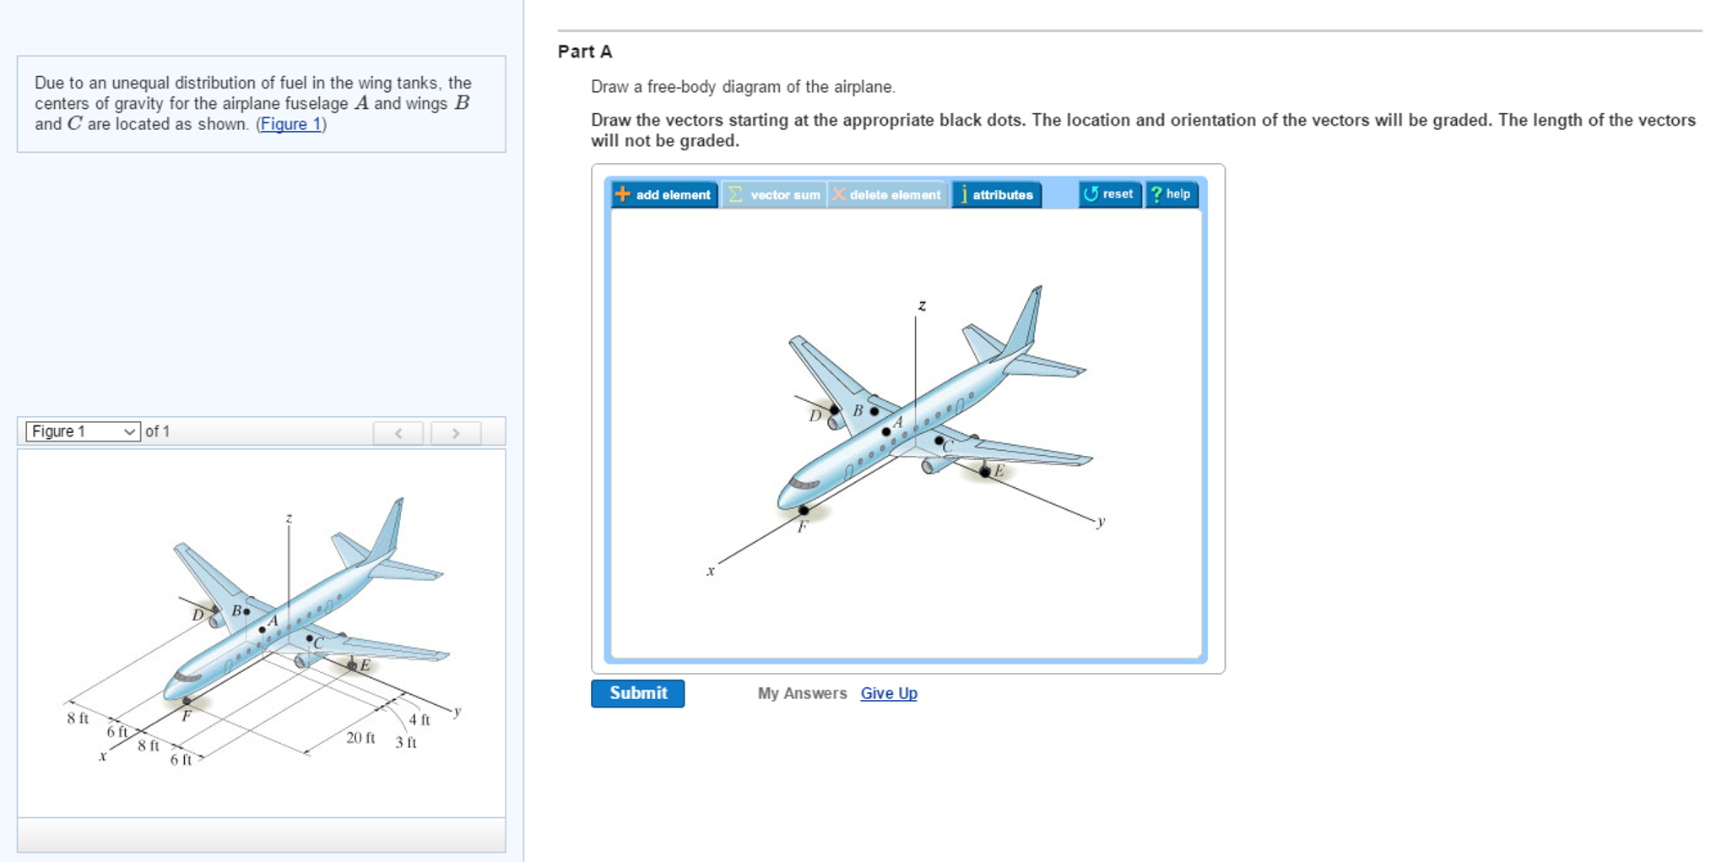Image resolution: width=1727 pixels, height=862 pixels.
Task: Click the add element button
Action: click(x=664, y=194)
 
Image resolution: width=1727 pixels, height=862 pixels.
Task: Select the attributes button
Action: click(x=996, y=194)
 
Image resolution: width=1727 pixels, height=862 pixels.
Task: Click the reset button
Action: click(x=1109, y=194)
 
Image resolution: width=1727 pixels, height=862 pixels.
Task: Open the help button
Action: click(x=1171, y=194)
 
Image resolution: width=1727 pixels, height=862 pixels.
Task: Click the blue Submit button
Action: click(x=637, y=693)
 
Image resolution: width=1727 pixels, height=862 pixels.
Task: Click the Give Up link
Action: click(x=888, y=693)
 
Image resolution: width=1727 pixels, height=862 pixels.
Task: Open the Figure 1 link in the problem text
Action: click(x=290, y=124)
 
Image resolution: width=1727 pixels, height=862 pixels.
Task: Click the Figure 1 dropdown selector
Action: click(x=83, y=431)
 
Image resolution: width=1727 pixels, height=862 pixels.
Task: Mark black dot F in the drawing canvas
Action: click(x=804, y=510)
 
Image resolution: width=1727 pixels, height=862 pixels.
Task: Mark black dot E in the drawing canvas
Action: click(x=985, y=472)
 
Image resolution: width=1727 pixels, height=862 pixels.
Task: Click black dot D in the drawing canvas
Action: click(x=835, y=409)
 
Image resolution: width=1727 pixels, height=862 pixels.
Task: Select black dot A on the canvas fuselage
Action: click(x=885, y=431)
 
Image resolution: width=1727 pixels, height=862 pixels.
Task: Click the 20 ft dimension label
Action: click(x=360, y=738)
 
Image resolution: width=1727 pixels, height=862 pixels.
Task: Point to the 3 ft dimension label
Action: click(x=405, y=743)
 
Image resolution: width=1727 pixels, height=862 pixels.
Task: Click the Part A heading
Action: click(x=585, y=52)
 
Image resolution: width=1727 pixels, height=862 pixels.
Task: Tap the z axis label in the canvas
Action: click(x=922, y=306)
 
